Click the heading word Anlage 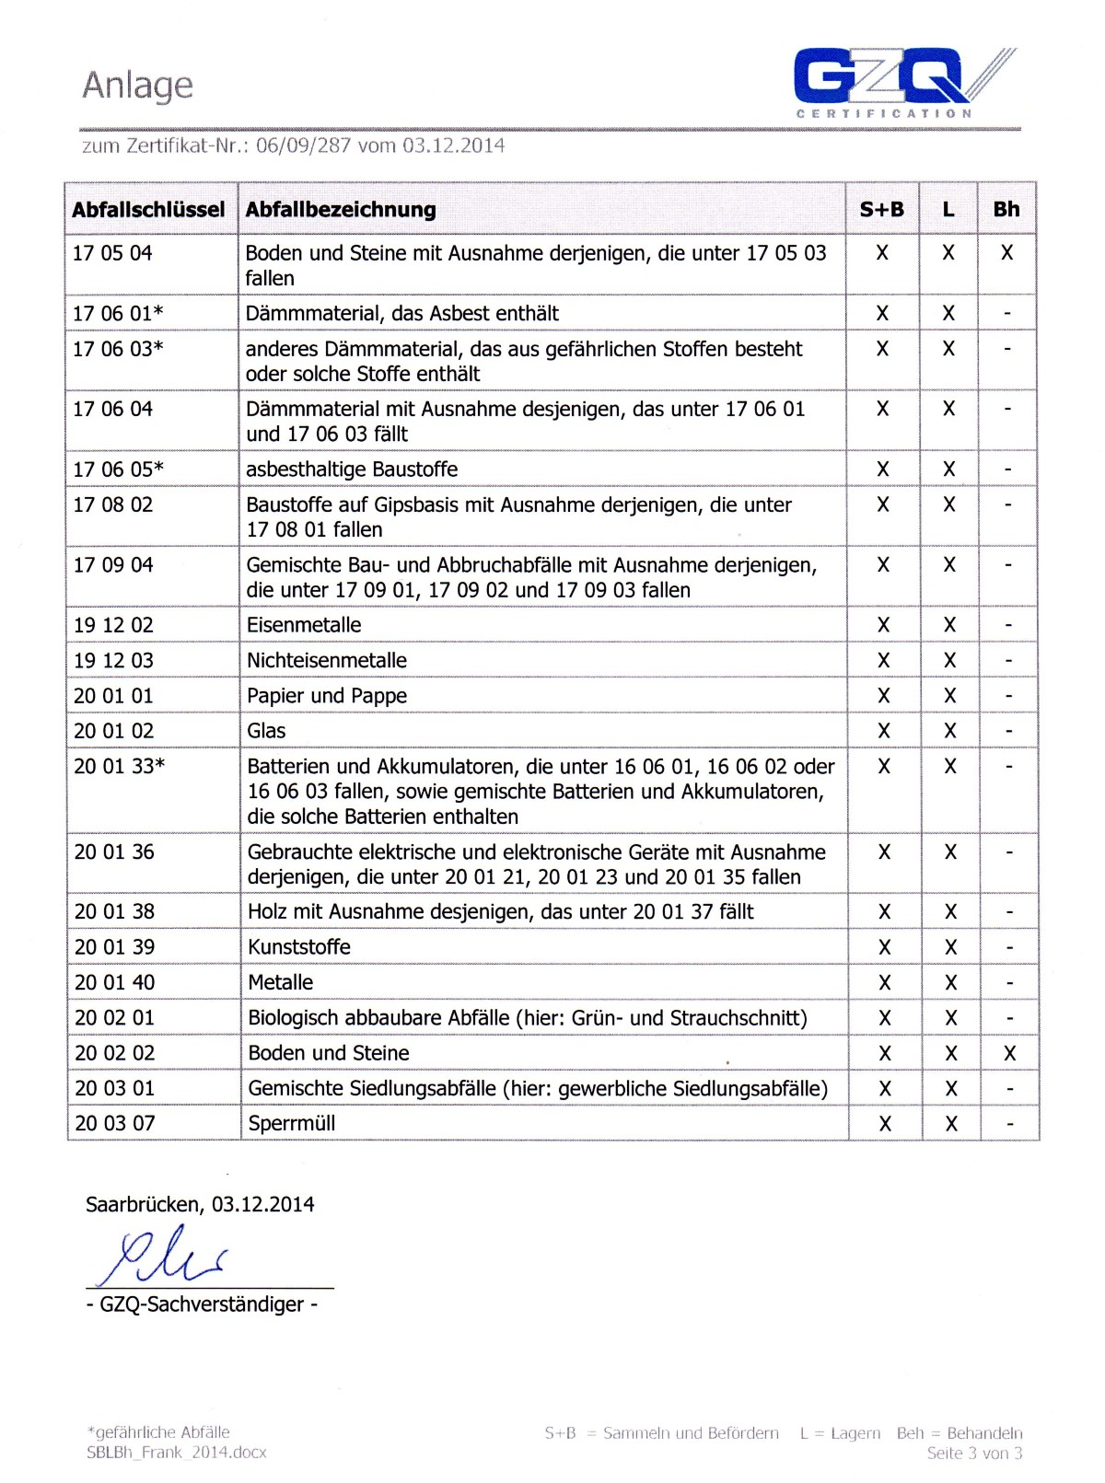pos(138,86)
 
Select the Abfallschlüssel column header pos(148,210)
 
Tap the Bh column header pos(1006,210)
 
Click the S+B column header pos(881,210)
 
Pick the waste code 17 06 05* pos(118,469)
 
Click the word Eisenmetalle pos(304,625)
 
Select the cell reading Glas pos(266,731)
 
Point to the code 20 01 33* pos(119,766)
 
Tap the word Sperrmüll pos(292,1124)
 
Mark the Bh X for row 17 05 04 pos(1006,253)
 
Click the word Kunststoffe pos(299,947)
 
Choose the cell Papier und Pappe pos(327,696)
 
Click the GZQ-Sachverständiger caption pos(202,1304)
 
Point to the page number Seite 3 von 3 pos(974,1454)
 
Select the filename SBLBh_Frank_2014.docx pos(177,1453)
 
